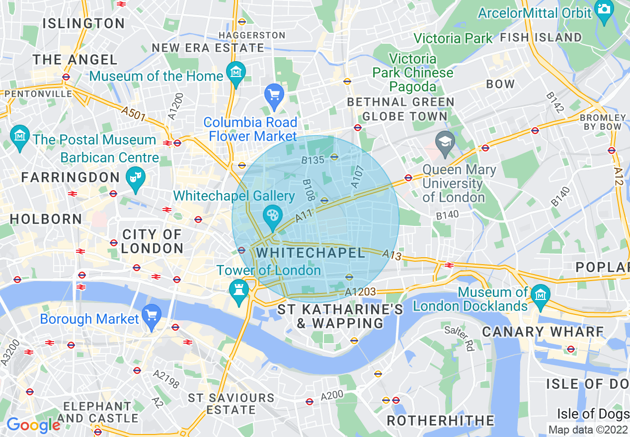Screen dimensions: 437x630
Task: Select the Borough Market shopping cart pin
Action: pos(152,315)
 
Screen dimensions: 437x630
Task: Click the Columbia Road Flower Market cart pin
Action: pos(274,94)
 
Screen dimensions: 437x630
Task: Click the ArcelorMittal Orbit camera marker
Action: pos(604,11)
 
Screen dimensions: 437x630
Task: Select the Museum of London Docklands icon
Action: pos(540,296)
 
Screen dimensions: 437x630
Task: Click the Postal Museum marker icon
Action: pos(19,135)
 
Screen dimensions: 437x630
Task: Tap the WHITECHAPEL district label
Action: pos(311,253)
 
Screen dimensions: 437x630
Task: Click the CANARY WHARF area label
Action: pos(543,332)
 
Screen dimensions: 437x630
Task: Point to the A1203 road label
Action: pos(360,292)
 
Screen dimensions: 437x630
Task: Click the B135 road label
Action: pos(313,160)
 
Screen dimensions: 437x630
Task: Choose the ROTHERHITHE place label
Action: pos(440,421)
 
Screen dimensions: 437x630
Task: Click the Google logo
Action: pos(33,425)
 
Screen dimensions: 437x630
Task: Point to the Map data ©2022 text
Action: pos(588,430)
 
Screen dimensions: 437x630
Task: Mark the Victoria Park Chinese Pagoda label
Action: pos(413,73)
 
